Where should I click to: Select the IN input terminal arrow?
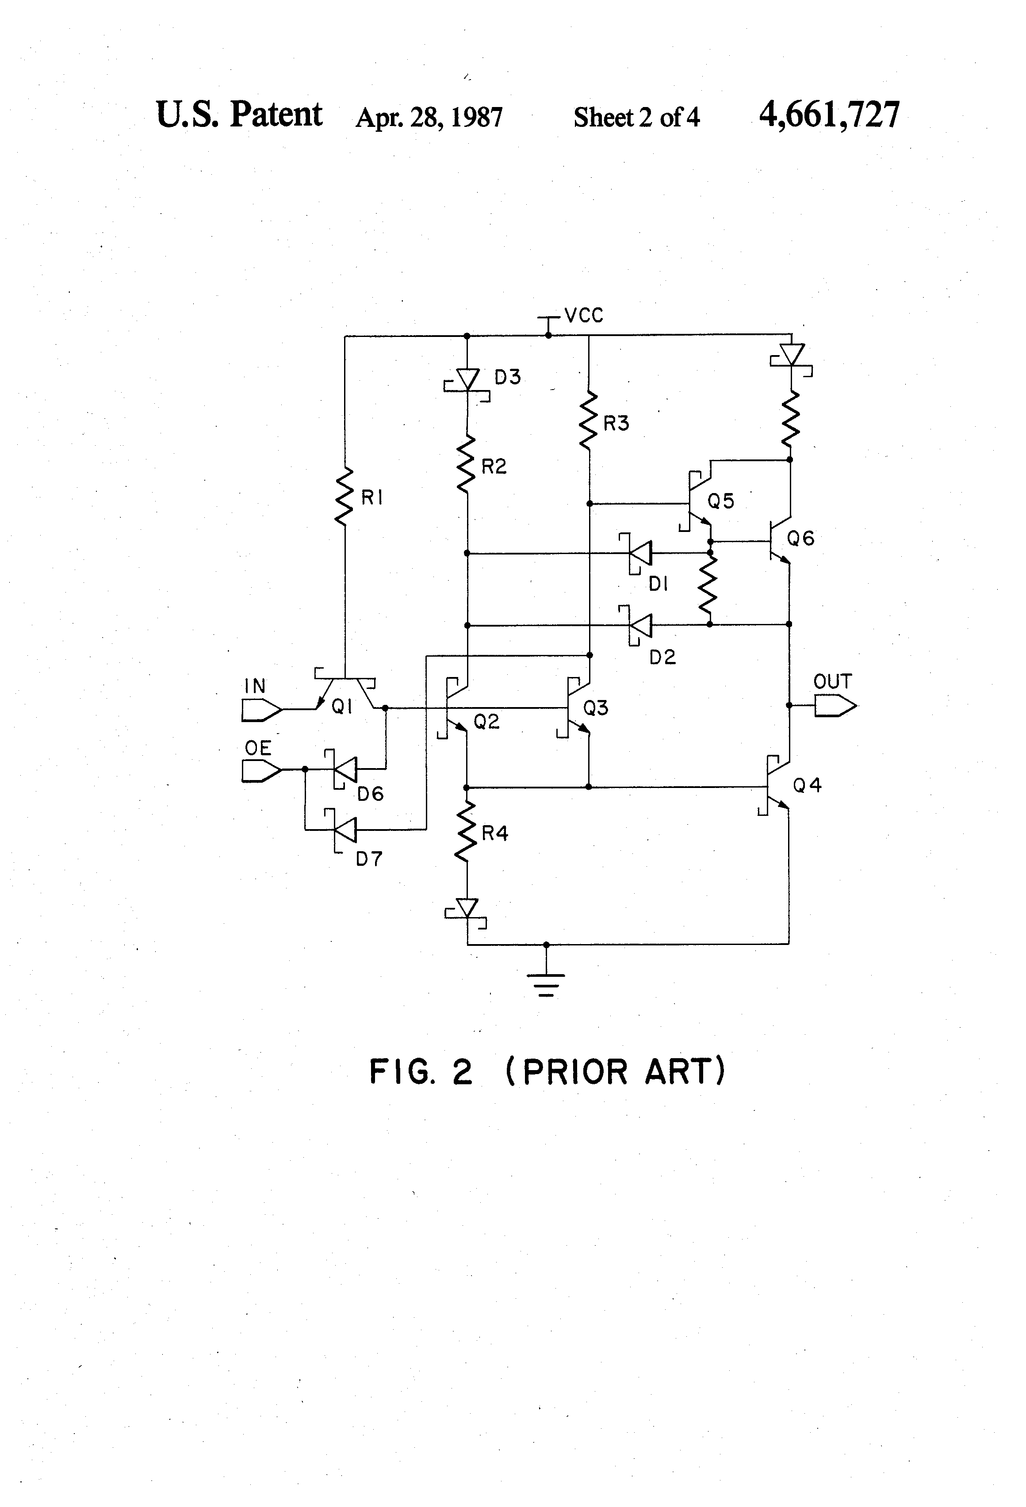pyautogui.click(x=261, y=710)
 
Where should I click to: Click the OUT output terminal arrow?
pyautogui.click(x=835, y=705)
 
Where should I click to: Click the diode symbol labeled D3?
pyautogui.click(x=467, y=380)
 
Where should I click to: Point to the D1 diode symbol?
pyautogui.click(x=639, y=553)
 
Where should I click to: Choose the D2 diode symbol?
pyautogui.click(x=639, y=626)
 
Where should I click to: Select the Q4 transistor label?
pyautogui.click(x=808, y=786)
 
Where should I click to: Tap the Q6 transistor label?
pyautogui.click(x=800, y=538)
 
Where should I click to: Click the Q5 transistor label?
pyautogui.click(x=720, y=501)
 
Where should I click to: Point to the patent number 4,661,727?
pyautogui.click(x=829, y=115)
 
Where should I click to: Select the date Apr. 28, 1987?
pyautogui.click(x=429, y=117)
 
